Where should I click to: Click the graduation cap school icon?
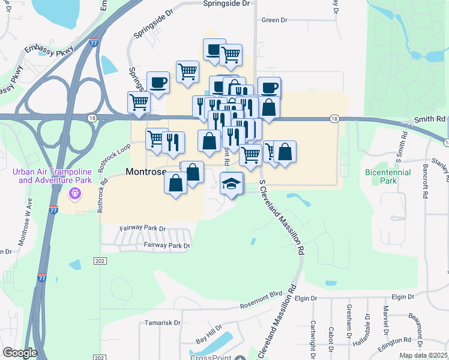tap(231, 183)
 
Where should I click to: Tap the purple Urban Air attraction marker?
tap(74, 193)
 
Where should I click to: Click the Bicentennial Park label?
tap(388, 176)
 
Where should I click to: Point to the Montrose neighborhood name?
tap(145, 172)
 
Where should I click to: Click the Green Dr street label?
tap(275, 20)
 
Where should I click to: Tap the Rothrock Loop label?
tap(115, 155)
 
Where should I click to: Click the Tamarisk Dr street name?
tap(162, 323)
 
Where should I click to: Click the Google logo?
tap(20, 353)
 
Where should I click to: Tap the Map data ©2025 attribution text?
tap(423, 355)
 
